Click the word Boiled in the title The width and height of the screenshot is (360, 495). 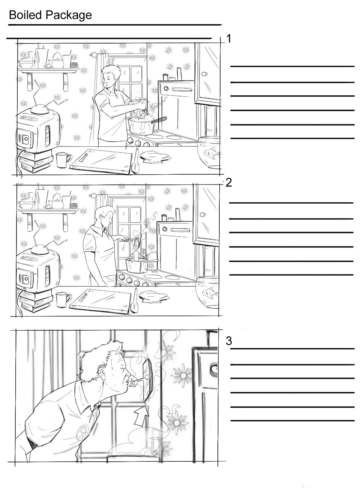tap(25, 15)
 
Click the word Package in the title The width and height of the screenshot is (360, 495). tap(69, 16)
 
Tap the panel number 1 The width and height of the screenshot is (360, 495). tap(229, 39)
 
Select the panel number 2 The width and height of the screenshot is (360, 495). tap(229, 183)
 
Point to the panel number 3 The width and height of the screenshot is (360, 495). tap(229, 341)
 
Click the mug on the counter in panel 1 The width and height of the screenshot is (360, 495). tap(63, 159)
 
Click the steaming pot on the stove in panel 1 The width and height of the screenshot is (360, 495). tap(142, 125)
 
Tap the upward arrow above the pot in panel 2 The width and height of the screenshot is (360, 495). tap(136, 255)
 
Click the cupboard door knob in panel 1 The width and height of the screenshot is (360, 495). tap(204, 74)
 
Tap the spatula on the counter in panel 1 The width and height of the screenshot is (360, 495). tap(135, 161)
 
